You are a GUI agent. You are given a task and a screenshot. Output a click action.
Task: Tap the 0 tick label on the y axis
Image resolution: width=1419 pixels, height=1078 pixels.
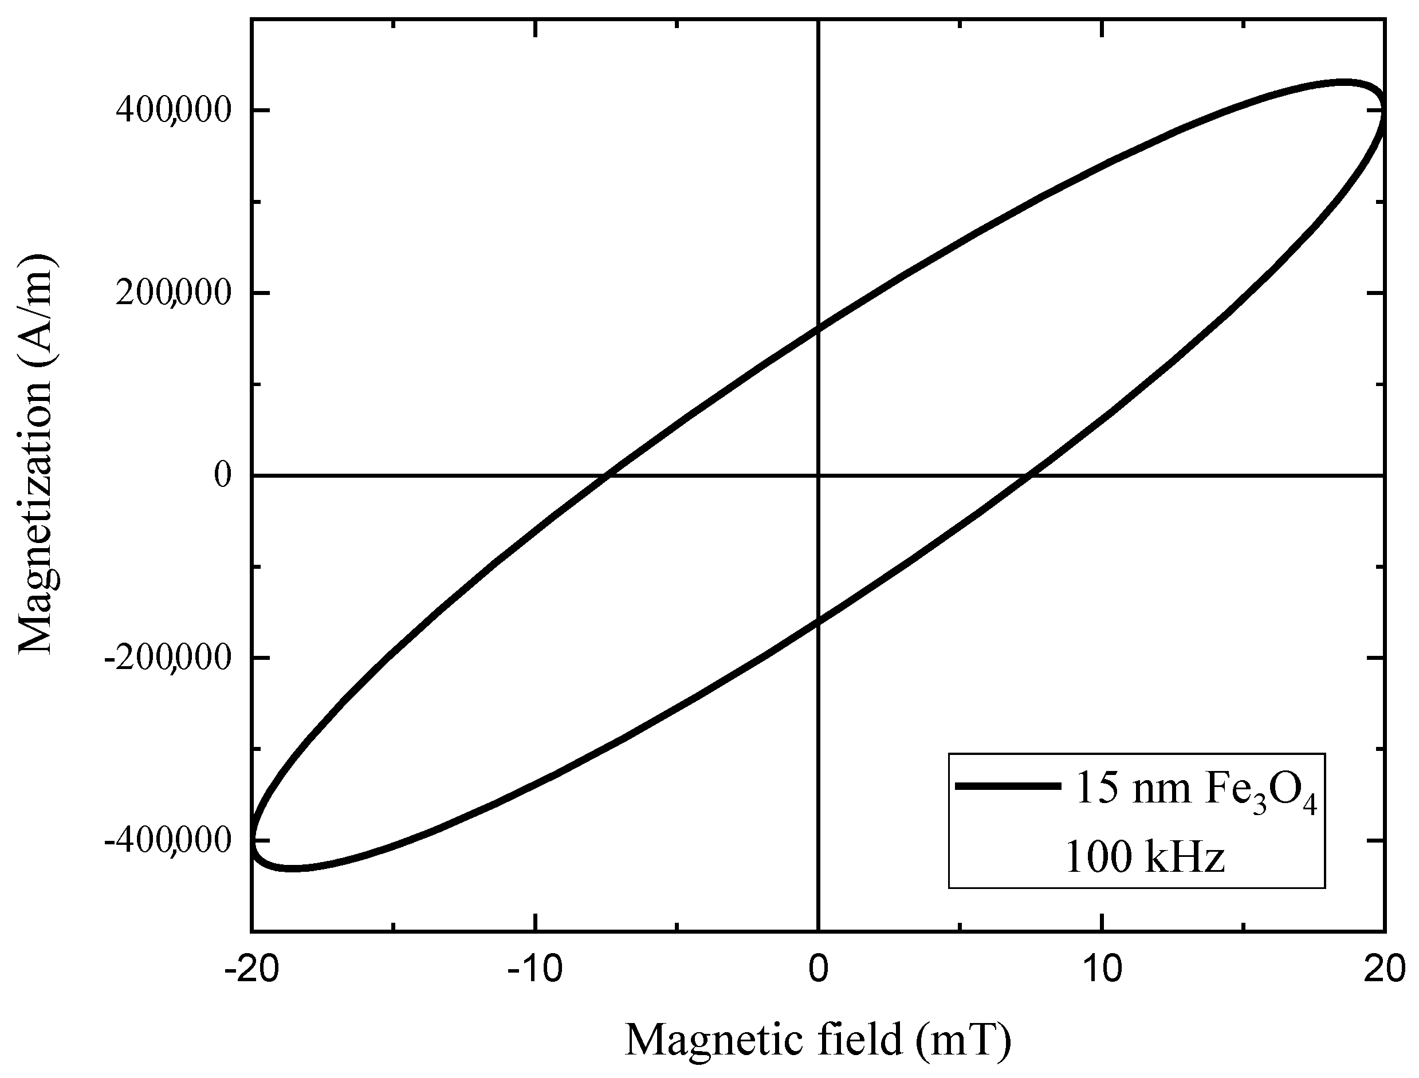tap(222, 475)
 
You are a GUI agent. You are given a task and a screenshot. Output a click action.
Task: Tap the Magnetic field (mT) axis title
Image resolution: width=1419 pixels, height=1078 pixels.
tap(817, 1040)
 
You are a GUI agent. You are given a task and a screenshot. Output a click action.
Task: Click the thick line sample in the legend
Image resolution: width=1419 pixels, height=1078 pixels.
tap(1007, 786)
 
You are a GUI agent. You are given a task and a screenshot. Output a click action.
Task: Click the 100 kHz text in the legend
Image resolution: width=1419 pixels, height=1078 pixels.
tap(1145, 857)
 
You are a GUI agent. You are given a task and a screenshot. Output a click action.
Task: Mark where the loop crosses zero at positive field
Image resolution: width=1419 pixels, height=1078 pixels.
tap(1029, 475)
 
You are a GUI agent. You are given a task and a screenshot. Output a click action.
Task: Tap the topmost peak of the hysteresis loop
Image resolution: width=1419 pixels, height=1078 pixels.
tap(1341, 82)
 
